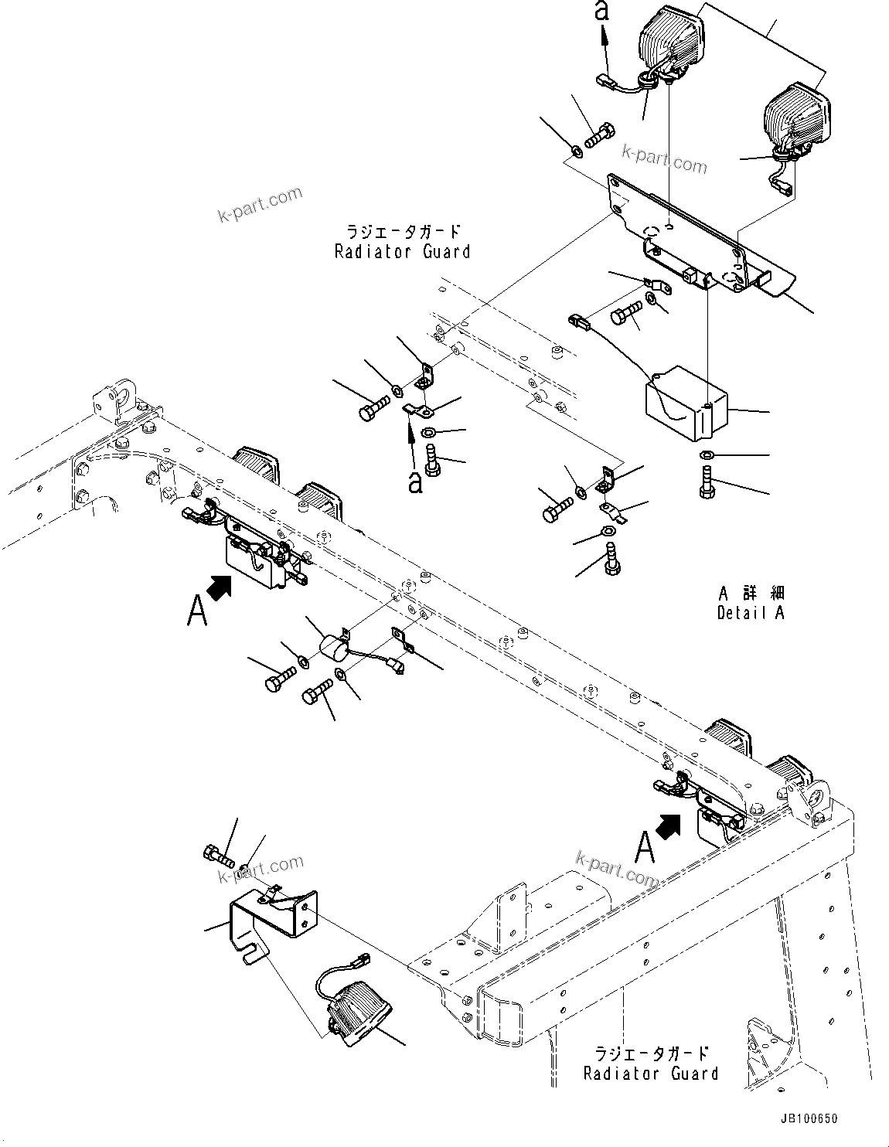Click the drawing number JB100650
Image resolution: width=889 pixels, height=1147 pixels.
coord(807,1118)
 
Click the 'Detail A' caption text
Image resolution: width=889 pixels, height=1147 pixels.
coord(750,613)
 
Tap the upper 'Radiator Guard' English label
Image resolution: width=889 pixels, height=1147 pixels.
coord(402,251)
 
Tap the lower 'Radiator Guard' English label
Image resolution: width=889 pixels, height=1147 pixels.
coord(650,1074)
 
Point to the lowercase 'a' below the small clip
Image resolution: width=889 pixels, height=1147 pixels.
coord(416,483)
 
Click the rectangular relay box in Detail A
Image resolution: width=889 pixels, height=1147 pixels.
coord(685,403)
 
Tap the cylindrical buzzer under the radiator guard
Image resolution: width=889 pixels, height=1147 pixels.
coord(335,645)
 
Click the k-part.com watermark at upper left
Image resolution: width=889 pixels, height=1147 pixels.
coord(260,204)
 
